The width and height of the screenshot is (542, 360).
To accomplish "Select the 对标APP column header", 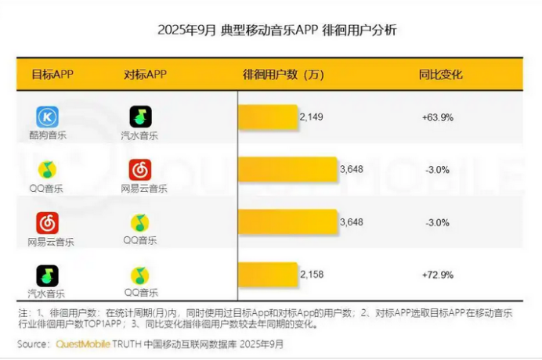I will tap(145, 75).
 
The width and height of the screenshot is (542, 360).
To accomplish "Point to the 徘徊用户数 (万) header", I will tap(283, 75).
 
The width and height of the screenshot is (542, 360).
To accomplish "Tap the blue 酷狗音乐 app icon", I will tap(47, 117).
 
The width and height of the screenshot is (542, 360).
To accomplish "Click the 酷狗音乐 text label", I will tap(47, 135).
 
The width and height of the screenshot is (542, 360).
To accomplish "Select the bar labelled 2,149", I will tap(268, 117).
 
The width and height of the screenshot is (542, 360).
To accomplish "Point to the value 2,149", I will tap(311, 117).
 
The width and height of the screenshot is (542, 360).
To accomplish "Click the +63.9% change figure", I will tap(438, 117).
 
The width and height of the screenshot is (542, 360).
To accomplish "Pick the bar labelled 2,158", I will tap(268, 274).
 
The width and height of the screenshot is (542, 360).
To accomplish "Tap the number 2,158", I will tap(311, 274).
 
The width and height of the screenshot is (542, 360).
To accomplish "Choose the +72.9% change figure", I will tap(438, 274).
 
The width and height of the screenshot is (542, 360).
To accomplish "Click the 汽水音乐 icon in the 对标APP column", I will tap(140, 117).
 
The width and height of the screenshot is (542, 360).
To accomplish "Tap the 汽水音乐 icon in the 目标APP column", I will tap(47, 275).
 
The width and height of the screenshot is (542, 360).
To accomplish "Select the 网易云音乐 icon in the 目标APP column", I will tap(47, 223).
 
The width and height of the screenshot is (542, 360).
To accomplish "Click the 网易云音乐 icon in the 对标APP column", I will tap(140, 170).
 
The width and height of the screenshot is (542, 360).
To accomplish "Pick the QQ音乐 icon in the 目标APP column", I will tap(47, 170).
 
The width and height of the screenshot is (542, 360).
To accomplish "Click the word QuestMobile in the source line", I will tap(84, 344).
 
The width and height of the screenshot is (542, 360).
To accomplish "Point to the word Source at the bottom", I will tap(34, 344).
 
